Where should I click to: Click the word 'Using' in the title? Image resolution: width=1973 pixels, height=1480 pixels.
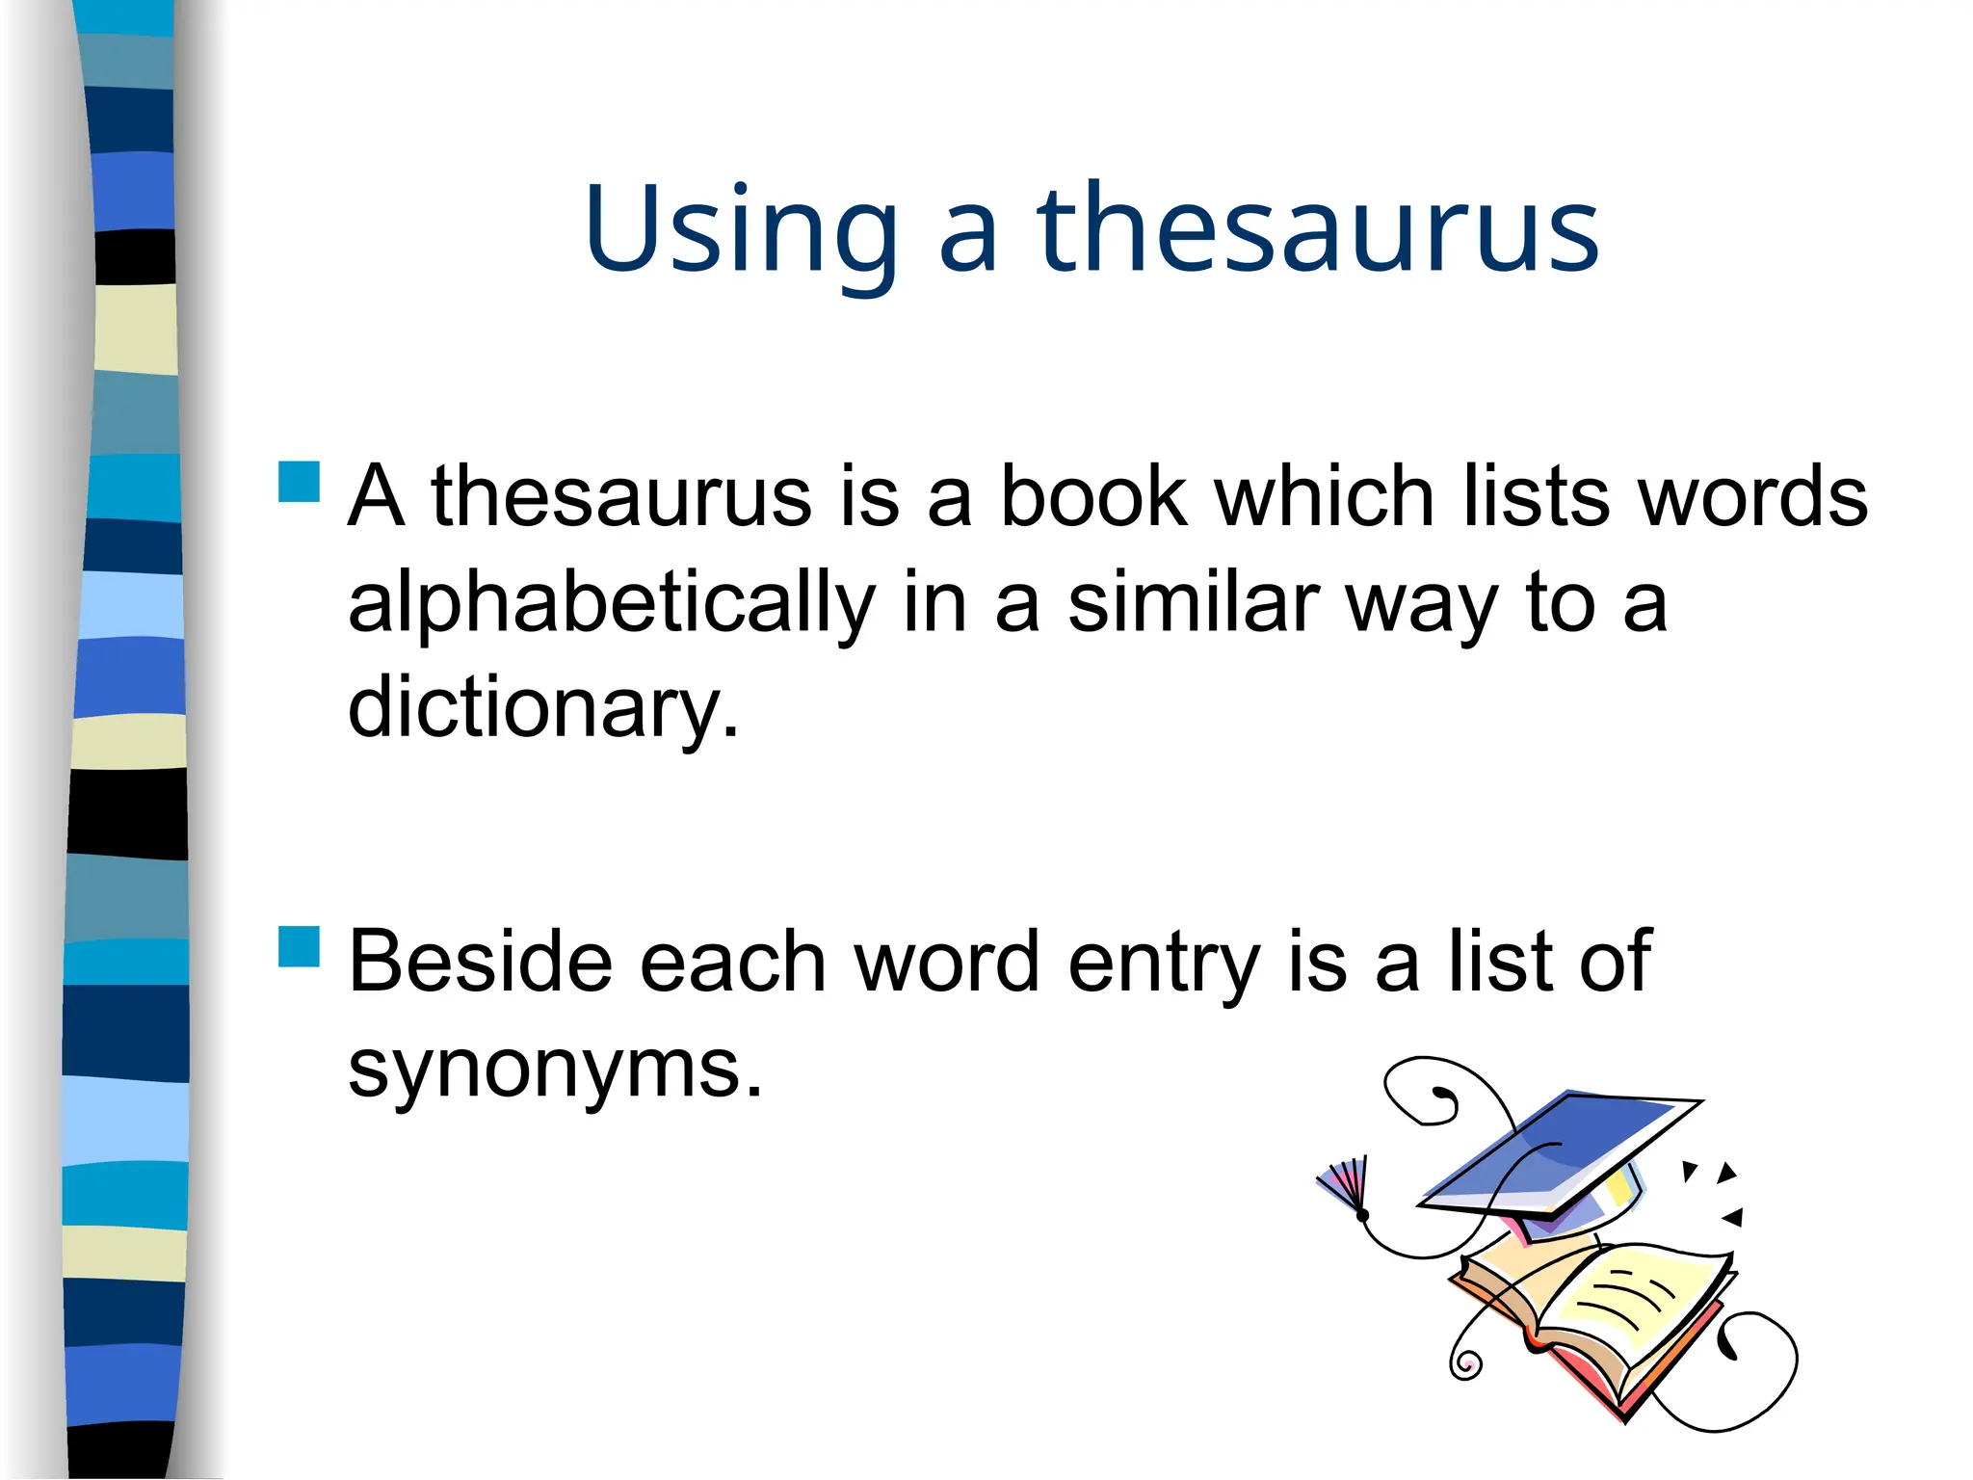click(x=740, y=231)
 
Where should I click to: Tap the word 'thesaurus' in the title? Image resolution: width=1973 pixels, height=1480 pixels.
click(x=1318, y=231)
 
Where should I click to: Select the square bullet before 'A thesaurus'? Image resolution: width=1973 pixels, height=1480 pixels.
click(x=299, y=482)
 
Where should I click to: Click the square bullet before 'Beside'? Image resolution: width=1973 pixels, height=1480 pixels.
click(x=299, y=946)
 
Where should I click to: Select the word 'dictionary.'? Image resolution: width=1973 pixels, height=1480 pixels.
click(x=543, y=708)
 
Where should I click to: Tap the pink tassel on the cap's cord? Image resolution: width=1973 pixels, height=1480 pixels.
click(x=1343, y=1183)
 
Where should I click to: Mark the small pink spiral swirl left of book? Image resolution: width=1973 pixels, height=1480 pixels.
click(x=1465, y=1364)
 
